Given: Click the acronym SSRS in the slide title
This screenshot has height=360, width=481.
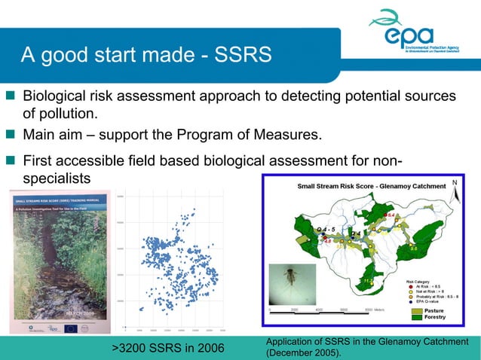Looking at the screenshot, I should point(242,56).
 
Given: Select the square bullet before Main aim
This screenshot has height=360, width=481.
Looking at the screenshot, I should point(11,136).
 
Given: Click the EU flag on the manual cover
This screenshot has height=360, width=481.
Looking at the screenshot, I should point(71,328).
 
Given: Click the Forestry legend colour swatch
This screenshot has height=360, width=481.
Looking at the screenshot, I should point(418,317).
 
